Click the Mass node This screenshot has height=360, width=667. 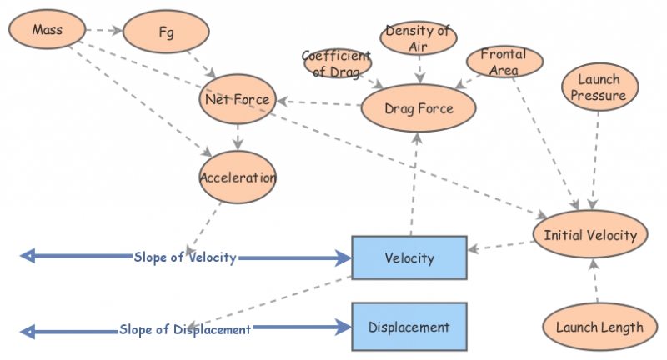coord(48,31)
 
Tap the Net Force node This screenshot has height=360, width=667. coord(237,101)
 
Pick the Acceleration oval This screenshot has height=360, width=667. coord(238,177)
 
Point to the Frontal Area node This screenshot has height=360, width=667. coord(504,62)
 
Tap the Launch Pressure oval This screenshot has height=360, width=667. coord(599,88)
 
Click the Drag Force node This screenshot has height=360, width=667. coord(419,108)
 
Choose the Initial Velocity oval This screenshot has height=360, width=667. coord(590,235)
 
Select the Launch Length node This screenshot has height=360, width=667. coord(599,327)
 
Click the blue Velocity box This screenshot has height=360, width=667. coord(409,257)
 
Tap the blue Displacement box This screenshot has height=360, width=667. coord(409,327)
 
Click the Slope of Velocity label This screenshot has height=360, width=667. coord(185,257)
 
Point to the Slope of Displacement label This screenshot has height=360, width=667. coord(185,329)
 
